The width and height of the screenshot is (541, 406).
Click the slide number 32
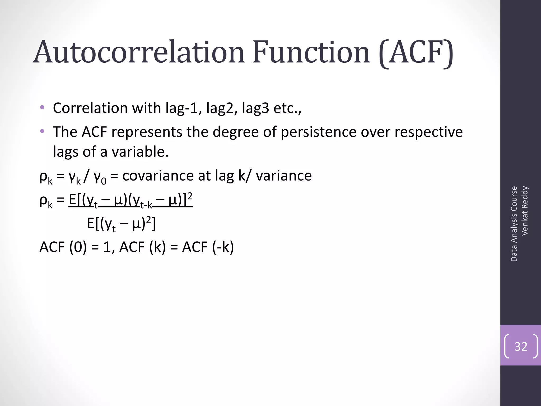(521, 346)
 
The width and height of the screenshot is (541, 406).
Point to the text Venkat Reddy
(525, 211)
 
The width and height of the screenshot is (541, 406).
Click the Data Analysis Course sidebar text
(514, 224)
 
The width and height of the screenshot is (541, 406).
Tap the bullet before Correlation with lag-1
(42, 108)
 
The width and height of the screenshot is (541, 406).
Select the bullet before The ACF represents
(42, 131)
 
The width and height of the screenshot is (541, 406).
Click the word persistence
(318, 132)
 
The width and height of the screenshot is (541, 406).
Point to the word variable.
(140, 152)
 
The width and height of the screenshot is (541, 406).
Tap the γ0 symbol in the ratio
(100, 178)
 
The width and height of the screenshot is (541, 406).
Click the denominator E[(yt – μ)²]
(121, 224)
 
